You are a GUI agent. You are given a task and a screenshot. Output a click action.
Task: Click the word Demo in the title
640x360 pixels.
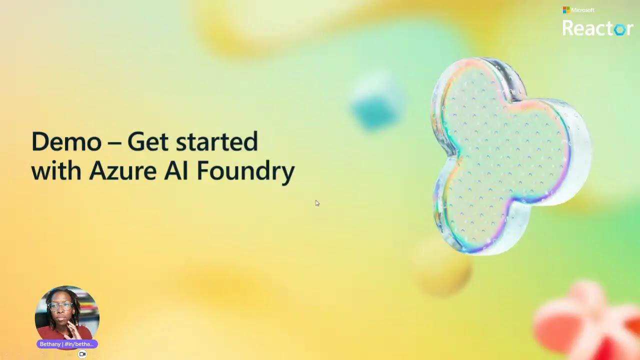click(x=65, y=142)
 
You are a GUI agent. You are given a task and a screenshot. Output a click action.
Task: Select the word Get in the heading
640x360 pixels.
click(x=147, y=142)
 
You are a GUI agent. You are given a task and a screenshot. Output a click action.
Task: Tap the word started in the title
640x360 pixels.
click(x=217, y=142)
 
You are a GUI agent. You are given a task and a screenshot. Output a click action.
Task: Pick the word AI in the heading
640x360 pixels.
click(x=176, y=171)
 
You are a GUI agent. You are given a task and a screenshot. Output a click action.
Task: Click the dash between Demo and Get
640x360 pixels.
click(x=114, y=143)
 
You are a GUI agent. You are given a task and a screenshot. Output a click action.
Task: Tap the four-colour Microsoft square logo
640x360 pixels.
click(x=566, y=10)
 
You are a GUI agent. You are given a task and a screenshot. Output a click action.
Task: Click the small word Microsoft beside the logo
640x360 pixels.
click(x=582, y=10)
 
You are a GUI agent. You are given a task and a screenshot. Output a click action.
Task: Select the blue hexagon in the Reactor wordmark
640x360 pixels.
click(x=619, y=29)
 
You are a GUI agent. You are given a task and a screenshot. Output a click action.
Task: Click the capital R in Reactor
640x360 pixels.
click(x=568, y=28)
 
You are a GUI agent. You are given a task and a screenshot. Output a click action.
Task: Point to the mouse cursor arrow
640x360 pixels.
click(x=316, y=202)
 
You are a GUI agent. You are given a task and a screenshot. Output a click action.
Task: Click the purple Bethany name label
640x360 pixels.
click(x=67, y=344)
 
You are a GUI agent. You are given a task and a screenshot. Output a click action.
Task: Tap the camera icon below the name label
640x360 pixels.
click(x=82, y=354)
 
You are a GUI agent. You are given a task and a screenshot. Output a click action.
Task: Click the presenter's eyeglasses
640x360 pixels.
click(x=60, y=306)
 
